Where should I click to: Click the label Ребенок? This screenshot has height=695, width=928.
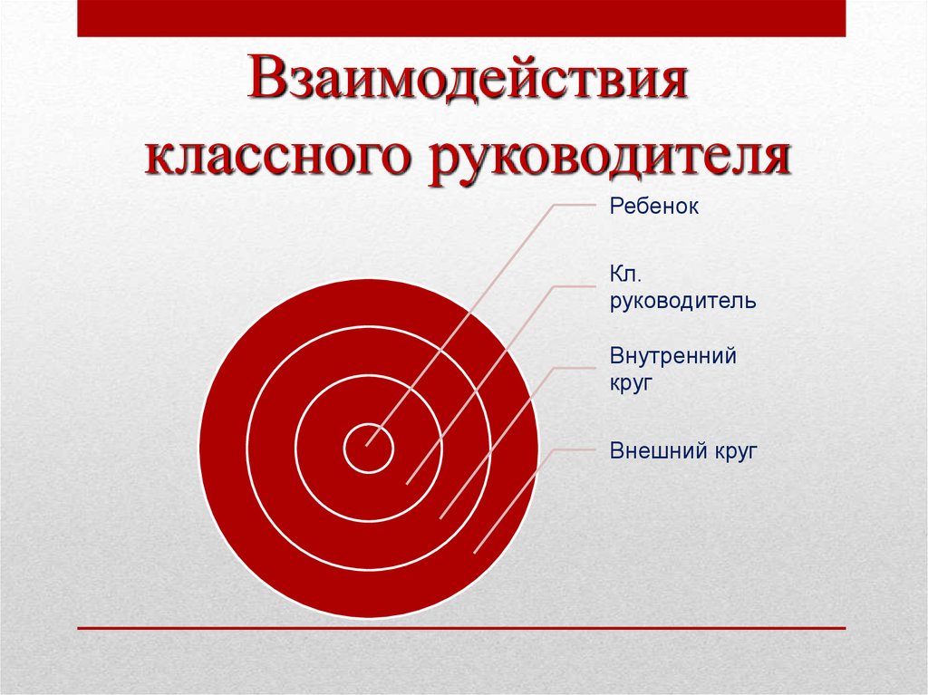coord(653,207)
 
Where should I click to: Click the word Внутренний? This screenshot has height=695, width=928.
coord(672,356)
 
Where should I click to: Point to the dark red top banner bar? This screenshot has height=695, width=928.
coord(461,18)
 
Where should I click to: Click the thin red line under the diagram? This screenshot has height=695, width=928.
coord(461,628)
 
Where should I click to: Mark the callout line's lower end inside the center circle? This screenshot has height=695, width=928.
coord(366,446)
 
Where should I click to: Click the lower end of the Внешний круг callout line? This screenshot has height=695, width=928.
coord(475,552)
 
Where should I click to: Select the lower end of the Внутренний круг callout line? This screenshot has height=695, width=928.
coord(440,517)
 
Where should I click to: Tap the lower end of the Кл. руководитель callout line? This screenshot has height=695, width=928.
coord(407,483)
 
